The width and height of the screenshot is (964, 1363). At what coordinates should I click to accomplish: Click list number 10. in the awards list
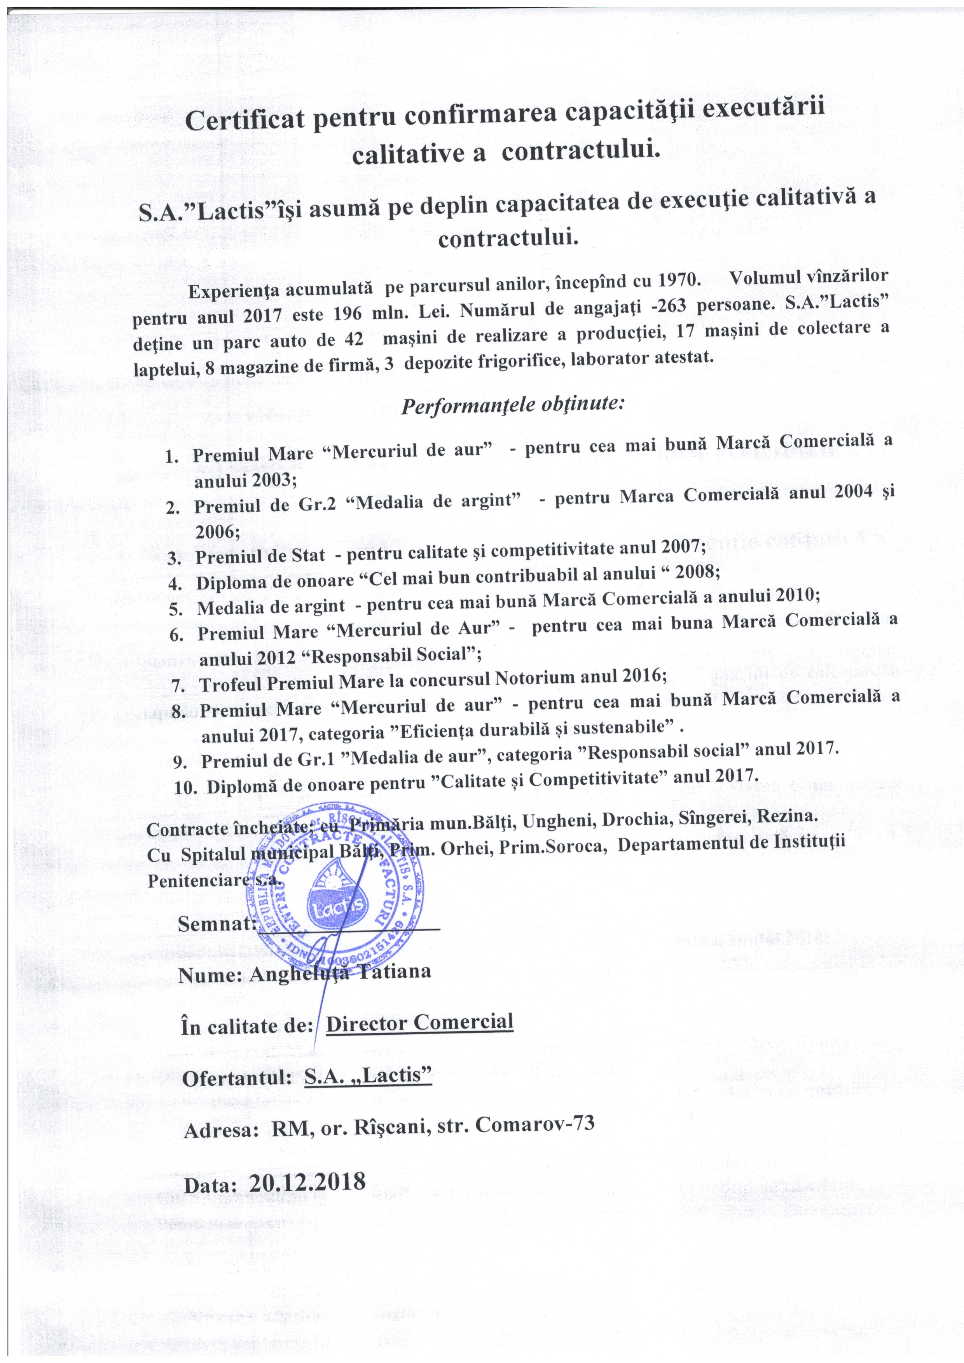coord(187,788)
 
